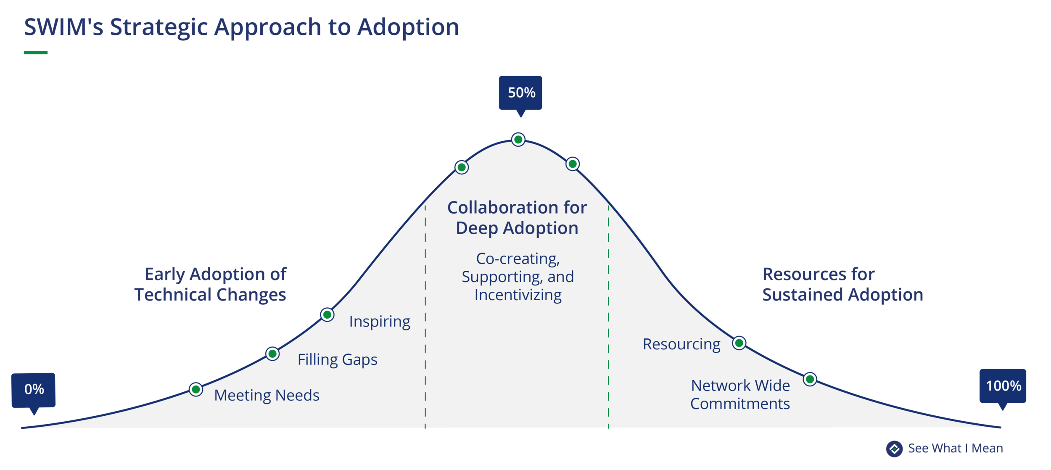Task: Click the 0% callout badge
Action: coord(34,390)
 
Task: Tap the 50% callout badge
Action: coord(520,93)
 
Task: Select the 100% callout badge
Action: coord(1003,386)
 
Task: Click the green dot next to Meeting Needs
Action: coord(196,390)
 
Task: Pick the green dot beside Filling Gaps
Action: coord(272,354)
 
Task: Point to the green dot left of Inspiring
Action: coord(327,315)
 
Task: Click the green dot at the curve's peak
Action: coord(518,140)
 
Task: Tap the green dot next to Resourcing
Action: coord(739,343)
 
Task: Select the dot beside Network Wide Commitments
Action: coord(810,380)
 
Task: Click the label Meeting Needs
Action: coord(267,396)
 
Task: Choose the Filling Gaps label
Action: coord(337,360)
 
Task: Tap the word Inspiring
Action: coord(380,322)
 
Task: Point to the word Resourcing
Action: coord(681,344)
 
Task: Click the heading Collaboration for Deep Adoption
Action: coord(517,218)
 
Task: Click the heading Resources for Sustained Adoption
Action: coord(842,285)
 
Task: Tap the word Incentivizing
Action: coord(518,295)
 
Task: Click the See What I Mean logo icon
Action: coord(894,449)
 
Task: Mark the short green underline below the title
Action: coord(36,53)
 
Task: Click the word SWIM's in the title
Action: coord(63,27)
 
